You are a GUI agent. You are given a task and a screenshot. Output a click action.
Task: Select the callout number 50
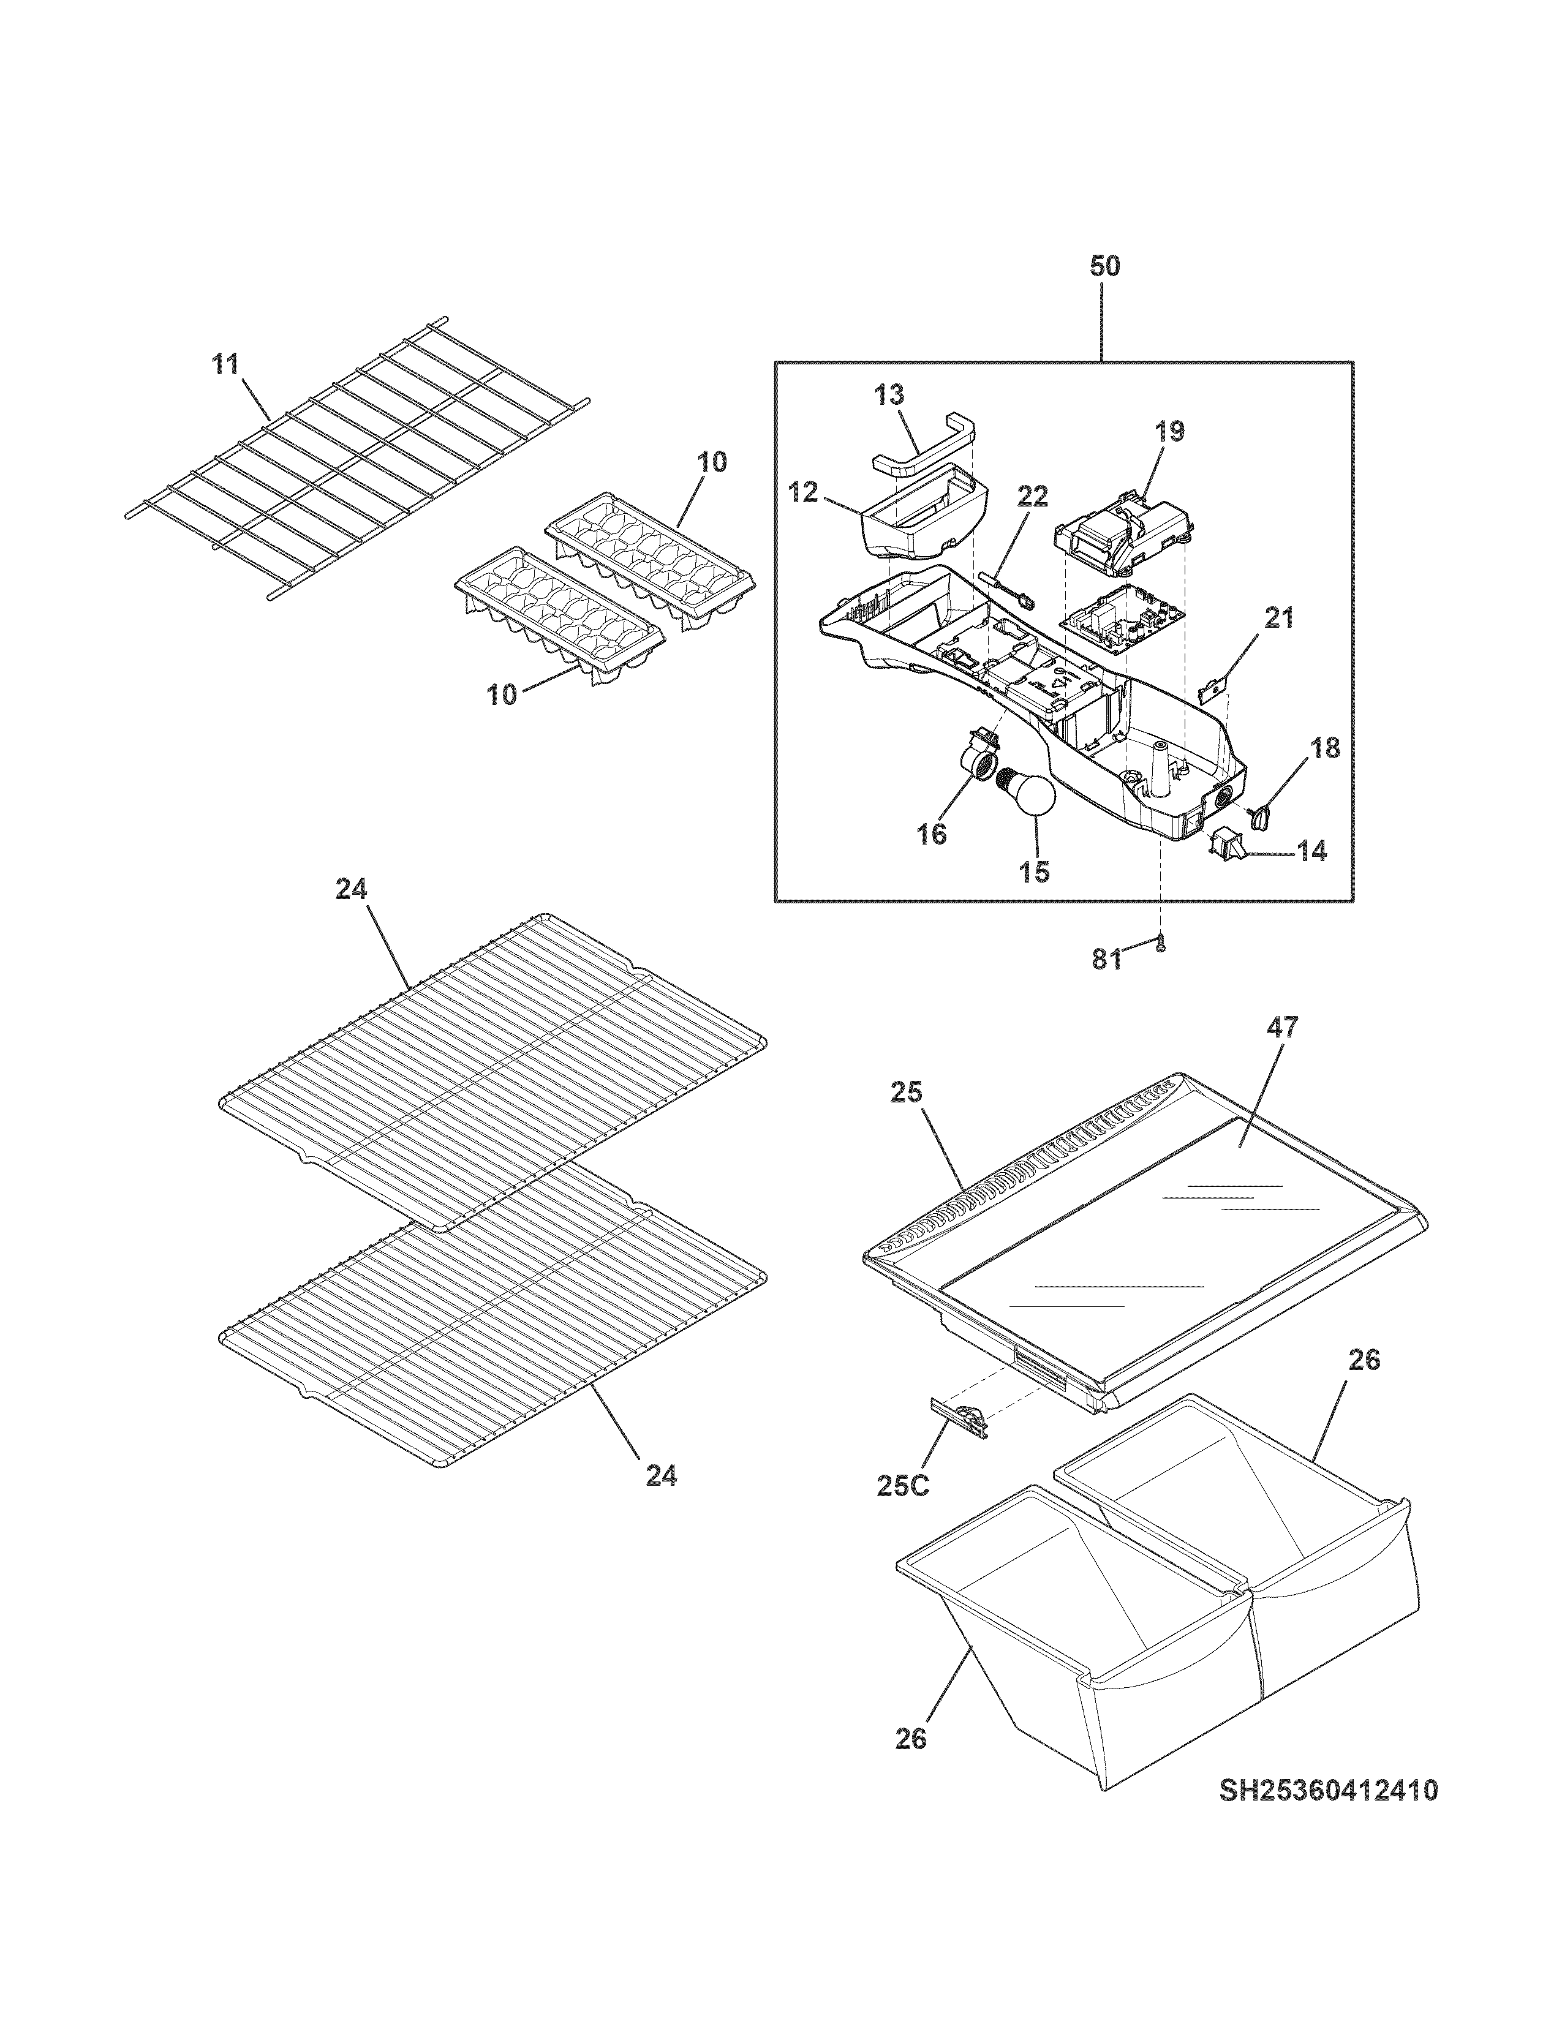(1104, 266)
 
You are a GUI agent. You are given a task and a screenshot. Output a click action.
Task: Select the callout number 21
(1279, 618)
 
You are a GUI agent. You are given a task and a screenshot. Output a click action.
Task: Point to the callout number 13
(889, 395)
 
